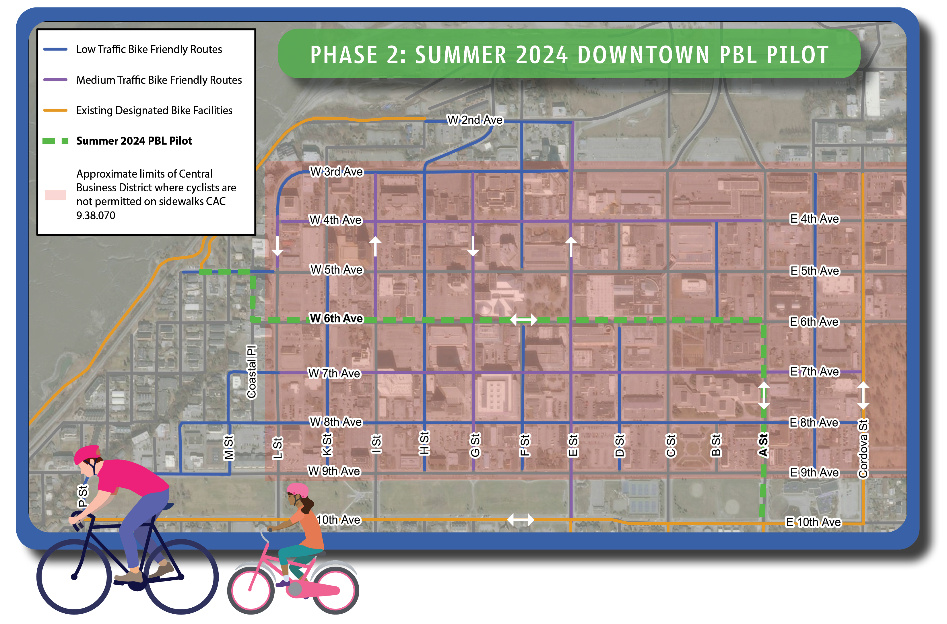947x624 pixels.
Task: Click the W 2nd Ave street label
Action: click(x=475, y=120)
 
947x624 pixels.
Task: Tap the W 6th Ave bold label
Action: click(x=336, y=318)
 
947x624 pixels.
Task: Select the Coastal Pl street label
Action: click(x=252, y=372)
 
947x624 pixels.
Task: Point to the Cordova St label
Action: click(x=863, y=448)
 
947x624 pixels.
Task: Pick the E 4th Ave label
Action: click(x=814, y=219)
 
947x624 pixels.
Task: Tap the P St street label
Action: click(x=82, y=496)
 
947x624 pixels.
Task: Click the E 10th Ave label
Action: click(x=813, y=522)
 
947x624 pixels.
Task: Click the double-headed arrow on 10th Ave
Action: click(x=520, y=520)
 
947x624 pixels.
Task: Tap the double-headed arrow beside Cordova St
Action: click(x=863, y=396)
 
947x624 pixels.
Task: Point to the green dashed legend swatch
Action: click(x=55, y=141)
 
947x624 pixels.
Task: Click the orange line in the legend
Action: click(x=55, y=110)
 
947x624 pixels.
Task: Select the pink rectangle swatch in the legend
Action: click(x=55, y=195)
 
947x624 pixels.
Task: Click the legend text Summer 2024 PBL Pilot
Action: click(x=134, y=141)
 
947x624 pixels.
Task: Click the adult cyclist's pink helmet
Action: click(x=86, y=454)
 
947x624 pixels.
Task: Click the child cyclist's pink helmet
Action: click(x=298, y=490)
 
